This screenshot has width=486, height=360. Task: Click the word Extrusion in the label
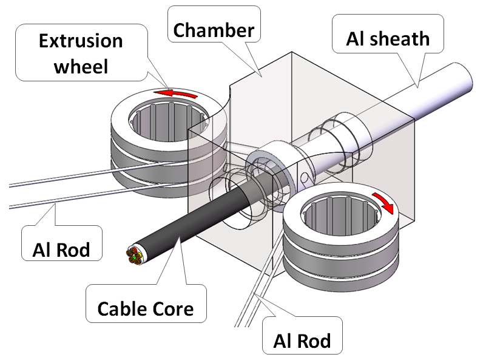pyautogui.click(x=81, y=41)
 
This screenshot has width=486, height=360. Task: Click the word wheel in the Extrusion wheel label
pyautogui.click(x=81, y=65)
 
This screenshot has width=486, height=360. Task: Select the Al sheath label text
pyautogui.click(x=388, y=39)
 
